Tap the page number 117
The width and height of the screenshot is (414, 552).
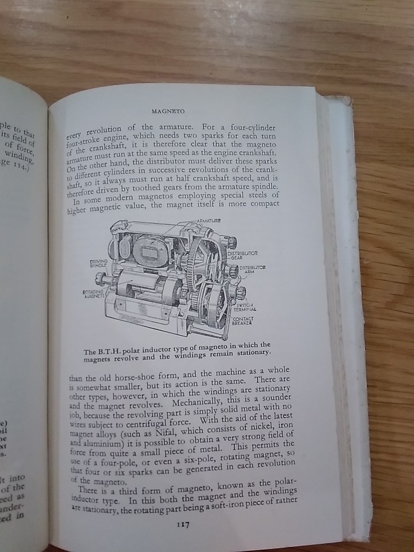click(183, 525)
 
